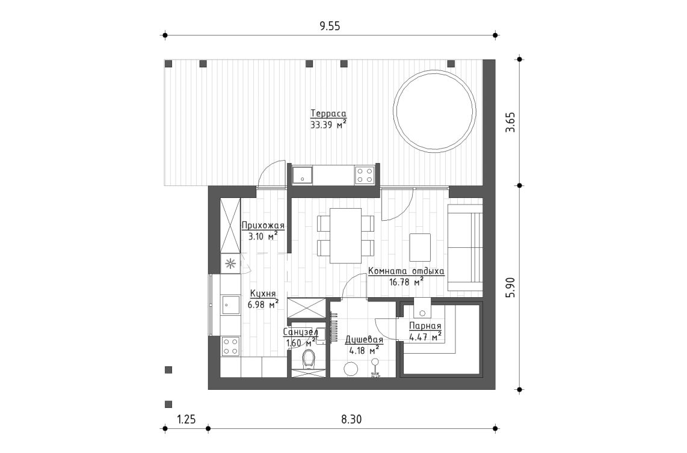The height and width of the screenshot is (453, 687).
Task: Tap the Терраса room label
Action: click(x=328, y=114)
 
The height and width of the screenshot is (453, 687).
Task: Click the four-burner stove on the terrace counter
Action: click(x=365, y=176)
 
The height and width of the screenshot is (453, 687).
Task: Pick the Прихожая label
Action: click(x=262, y=226)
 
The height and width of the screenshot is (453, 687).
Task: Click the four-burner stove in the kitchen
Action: click(x=230, y=346)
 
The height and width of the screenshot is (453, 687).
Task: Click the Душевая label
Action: click(x=365, y=339)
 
